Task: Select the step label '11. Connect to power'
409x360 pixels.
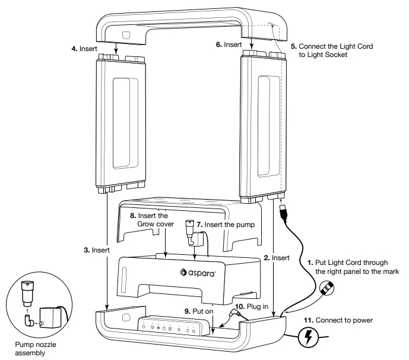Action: (x=338, y=321)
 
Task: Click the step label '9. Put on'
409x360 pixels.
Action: (x=198, y=310)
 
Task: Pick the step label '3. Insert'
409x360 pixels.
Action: (x=97, y=250)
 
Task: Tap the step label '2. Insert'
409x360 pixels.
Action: (x=276, y=258)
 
